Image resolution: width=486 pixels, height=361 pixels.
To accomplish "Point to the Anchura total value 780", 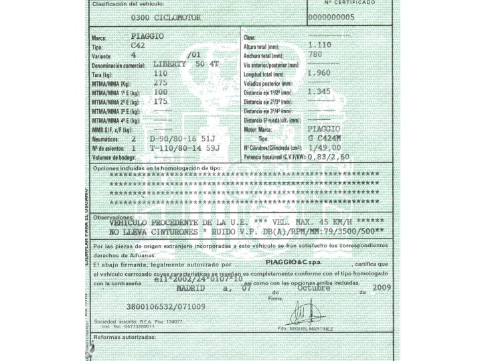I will (x=315, y=55).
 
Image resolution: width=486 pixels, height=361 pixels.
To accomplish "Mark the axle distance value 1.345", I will (x=320, y=92).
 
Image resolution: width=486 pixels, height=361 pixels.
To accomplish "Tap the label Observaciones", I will (x=113, y=217).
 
